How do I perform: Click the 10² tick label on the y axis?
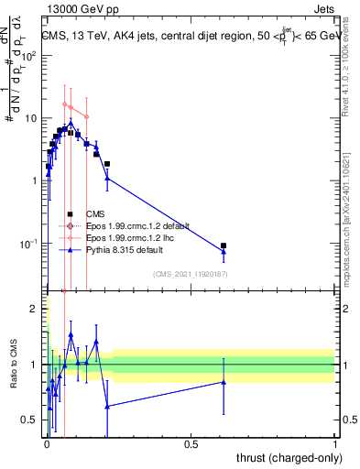[x=28, y=56]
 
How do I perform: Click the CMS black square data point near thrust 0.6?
[x=224, y=245]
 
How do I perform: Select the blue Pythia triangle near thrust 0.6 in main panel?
[x=224, y=252]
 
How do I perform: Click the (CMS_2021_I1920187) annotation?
[x=190, y=274]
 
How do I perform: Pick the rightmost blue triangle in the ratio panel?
[x=224, y=382]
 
